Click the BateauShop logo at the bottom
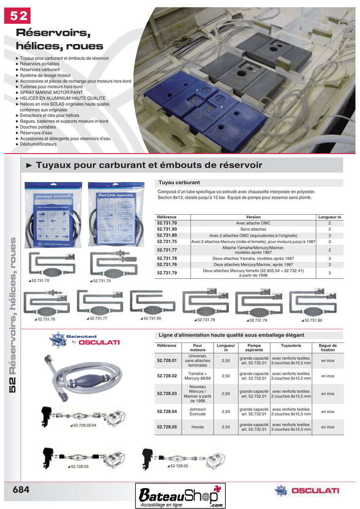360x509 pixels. tap(181, 496)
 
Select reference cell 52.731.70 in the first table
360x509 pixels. tap(167, 223)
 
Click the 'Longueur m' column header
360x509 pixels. tap(329, 217)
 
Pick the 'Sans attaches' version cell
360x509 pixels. tap(253, 229)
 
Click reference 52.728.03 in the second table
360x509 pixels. tap(167, 393)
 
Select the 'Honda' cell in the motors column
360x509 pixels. tap(197, 427)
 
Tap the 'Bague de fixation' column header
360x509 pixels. tap(328, 347)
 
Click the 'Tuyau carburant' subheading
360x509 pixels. tap(179, 182)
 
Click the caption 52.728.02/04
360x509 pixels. tap(85, 425)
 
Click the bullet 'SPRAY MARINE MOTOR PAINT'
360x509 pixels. tap(51, 92)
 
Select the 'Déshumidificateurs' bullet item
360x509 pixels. tap(38, 144)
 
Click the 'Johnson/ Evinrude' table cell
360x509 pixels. tap(197, 412)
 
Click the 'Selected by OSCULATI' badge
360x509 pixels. tap(85, 339)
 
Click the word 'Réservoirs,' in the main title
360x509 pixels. tap(53, 33)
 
